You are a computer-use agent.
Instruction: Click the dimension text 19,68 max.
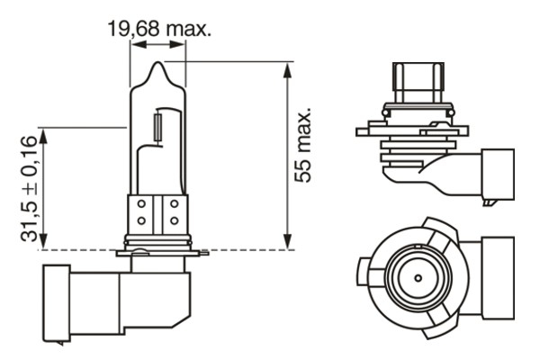159,29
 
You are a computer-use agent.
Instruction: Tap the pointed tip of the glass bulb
158,65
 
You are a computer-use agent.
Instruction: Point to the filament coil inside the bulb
160,124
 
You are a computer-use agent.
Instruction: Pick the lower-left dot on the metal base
141,221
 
